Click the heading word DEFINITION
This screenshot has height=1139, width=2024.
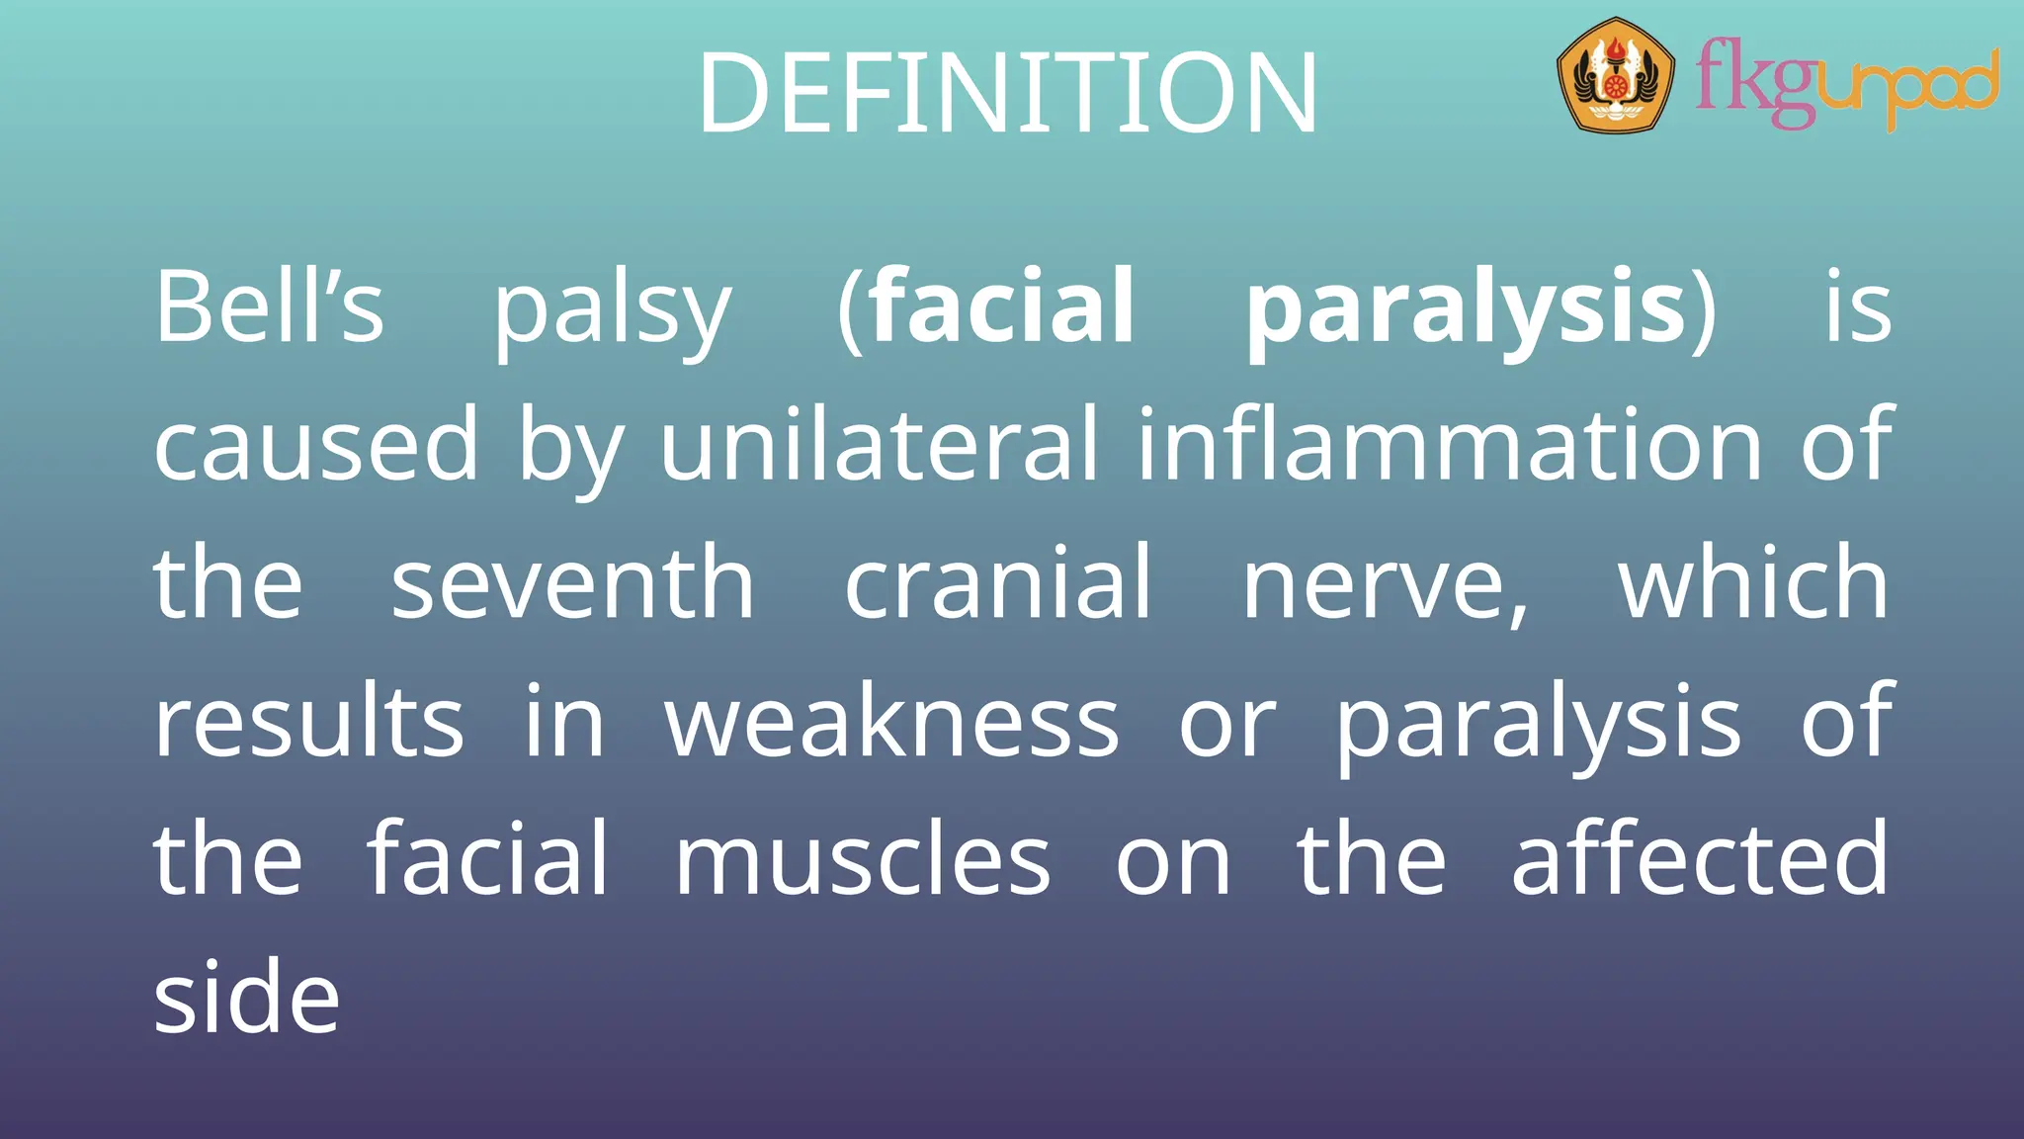click(x=1008, y=94)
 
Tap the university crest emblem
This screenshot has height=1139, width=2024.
click(x=1615, y=75)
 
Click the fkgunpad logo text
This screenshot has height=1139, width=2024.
click(x=1846, y=85)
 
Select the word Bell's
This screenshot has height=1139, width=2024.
click(x=269, y=307)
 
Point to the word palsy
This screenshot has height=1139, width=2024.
click(x=613, y=311)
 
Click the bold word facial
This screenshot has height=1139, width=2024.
click(x=1002, y=307)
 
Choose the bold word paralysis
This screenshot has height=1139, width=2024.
click(x=1466, y=311)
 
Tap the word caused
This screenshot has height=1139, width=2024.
click(x=316, y=446)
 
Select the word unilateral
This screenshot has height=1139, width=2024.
click(x=879, y=446)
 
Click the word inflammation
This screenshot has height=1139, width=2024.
click(x=1449, y=446)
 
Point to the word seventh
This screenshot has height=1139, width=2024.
click(x=573, y=584)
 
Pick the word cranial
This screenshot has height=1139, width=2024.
click(x=998, y=584)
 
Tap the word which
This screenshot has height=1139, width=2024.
click(x=1753, y=584)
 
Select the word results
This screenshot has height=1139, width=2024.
click(x=308, y=723)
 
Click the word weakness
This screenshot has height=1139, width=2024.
click(x=891, y=723)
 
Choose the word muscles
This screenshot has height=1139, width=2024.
click(x=862, y=861)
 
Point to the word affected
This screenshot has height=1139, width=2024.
click(x=1700, y=859)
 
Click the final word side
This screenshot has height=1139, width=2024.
click(x=247, y=998)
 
